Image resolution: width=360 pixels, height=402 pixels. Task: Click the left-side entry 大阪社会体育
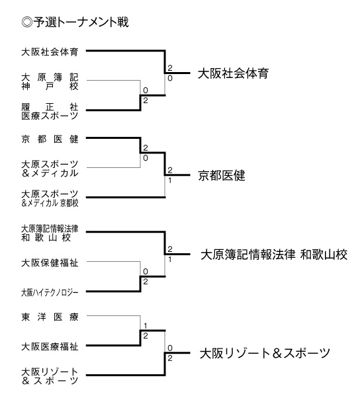[x=49, y=50]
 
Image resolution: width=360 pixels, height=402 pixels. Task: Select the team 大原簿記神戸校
[x=49, y=81]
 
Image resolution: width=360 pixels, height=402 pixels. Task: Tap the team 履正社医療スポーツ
[x=49, y=110]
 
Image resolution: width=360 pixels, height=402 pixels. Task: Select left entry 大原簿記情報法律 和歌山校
[x=49, y=232]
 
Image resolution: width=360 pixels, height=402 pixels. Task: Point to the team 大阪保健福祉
[x=49, y=262]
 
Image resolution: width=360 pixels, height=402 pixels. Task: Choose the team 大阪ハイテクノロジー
[x=49, y=292]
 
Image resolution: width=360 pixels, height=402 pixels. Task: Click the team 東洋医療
[x=49, y=317]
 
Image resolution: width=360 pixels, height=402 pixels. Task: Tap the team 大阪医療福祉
[x=49, y=346]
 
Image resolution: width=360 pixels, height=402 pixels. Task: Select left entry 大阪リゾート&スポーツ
[x=49, y=376]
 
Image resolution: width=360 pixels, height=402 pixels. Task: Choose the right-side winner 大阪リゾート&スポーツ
[x=265, y=354]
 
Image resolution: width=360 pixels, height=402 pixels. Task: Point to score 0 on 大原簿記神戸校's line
[x=145, y=89]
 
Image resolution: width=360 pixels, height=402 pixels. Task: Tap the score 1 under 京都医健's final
[x=169, y=181]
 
